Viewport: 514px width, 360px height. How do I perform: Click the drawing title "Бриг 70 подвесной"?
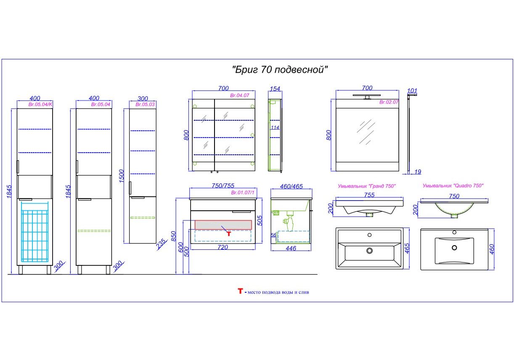tap(280, 69)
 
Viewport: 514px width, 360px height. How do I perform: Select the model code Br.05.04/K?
tap(40, 104)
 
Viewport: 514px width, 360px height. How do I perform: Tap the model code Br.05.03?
tap(145, 104)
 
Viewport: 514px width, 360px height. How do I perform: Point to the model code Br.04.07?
tap(240, 95)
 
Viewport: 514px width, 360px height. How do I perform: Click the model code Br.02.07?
tap(389, 102)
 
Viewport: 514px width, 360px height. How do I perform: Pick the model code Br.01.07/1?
tap(243, 193)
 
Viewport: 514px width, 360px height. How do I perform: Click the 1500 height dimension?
tap(122, 176)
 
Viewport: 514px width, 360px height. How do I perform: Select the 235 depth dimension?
tap(161, 244)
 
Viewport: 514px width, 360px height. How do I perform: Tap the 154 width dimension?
tap(275, 89)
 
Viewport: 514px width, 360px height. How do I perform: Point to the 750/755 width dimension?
tap(223, 185)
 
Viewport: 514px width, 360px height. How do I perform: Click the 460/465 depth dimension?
tap(291, 186)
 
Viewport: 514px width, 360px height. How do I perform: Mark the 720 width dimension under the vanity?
tap(223, 247)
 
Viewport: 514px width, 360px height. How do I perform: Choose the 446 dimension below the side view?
tap(291, 248)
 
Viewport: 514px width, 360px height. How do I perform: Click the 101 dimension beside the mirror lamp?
tap(412, 91)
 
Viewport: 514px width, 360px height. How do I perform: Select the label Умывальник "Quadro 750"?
tap(453, 185)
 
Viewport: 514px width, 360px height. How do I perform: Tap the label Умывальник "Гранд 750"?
tap(367, 186)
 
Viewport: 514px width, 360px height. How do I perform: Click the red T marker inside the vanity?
tap(229, 234)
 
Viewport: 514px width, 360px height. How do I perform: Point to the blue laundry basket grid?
tap(35, 232)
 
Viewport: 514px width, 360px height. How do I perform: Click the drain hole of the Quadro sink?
tap(454, 248)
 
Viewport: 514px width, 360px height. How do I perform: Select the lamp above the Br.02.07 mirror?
tap(367, 96)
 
